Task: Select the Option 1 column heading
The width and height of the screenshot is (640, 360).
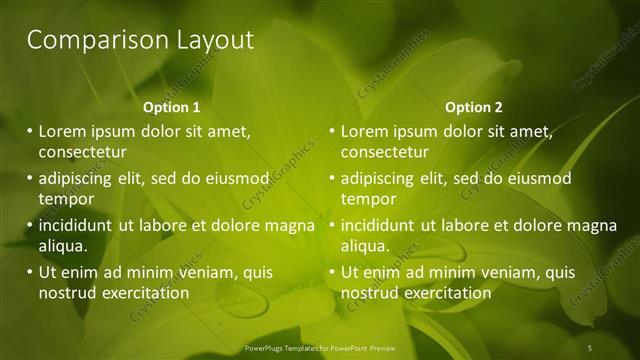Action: point(171,107)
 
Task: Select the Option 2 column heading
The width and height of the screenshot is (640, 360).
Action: point(473,107)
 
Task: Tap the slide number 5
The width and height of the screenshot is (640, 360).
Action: point(590,346)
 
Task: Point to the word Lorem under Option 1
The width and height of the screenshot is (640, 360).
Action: point(63,131)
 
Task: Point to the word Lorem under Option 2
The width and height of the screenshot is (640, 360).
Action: point(365,131)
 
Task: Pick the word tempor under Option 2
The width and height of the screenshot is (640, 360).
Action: point(368,199)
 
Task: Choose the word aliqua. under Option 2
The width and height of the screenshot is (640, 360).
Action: point(366,246)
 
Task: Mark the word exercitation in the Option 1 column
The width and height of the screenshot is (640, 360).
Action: point(146,293)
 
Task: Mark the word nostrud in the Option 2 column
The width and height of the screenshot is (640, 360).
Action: point(369,293)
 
